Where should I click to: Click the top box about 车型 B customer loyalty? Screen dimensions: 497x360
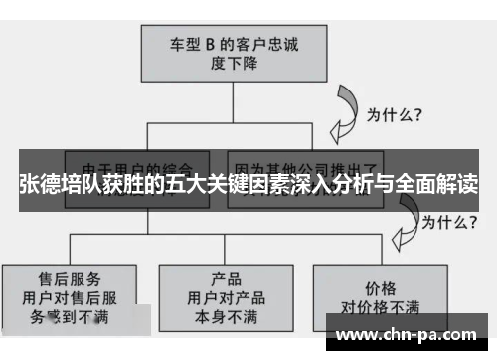[233, 51]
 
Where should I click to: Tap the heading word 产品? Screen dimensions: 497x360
[227, 277]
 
